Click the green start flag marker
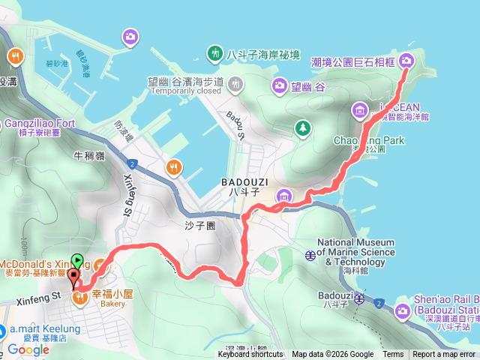[79, 261]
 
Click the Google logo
[28, 349]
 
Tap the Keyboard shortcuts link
[250, 355]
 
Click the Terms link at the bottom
[393, 355]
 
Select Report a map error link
[444, 355]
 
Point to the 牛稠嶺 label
[88, 156]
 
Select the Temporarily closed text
[185, 91]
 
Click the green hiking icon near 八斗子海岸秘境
[214, 53]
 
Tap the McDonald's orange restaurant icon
[100, 265]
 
